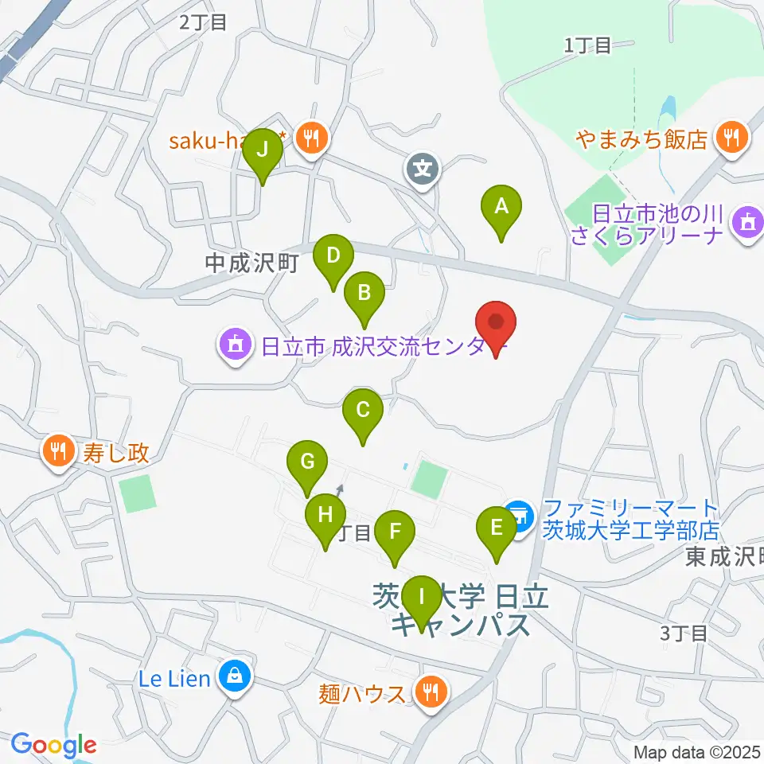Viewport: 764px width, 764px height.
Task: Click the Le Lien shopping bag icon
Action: click(x=235, y=677)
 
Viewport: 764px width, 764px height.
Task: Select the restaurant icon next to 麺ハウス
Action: click(x=431, y=691)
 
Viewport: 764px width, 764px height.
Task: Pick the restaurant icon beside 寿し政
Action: click(x=57, y=453)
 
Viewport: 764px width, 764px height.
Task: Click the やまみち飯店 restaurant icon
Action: click(x=730, y=137)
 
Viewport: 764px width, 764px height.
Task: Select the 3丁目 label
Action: click(x=684, y=633)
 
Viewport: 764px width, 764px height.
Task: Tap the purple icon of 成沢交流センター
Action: click(x=236, y=347)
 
